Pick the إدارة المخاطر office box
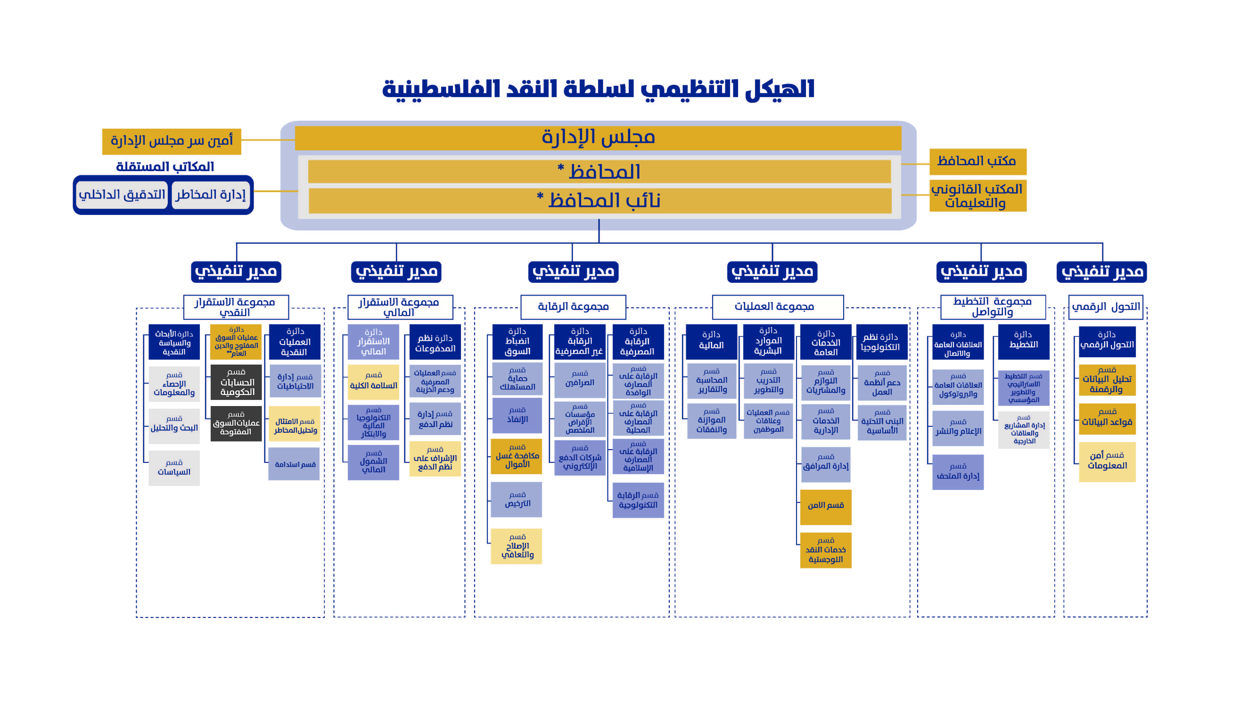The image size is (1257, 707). pos(211,195)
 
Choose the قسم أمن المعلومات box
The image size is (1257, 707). pos(1107,461)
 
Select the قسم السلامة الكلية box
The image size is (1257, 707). pos(373,382)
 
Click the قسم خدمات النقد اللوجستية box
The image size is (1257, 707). pos(826,550)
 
